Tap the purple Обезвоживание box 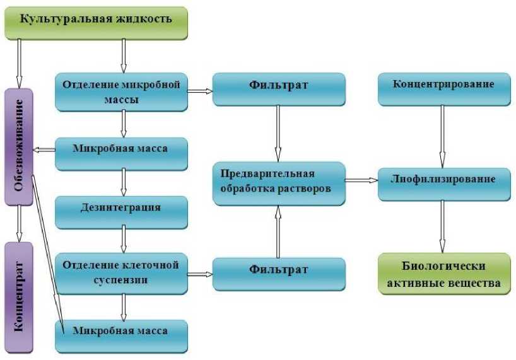19,146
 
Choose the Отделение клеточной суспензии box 122,270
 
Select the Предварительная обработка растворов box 279,183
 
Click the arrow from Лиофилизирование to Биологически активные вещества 443,227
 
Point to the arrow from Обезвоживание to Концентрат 19,223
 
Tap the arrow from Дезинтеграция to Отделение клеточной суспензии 123,240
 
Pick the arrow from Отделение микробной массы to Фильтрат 200,91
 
